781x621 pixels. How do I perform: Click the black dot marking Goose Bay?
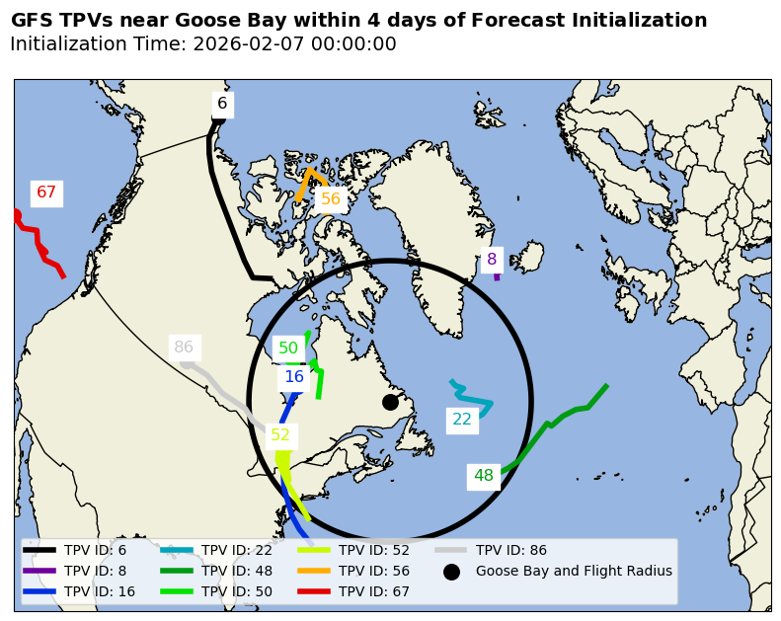point(390,402)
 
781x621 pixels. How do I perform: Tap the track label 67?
point(46,193)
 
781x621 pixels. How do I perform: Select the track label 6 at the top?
point(222,104)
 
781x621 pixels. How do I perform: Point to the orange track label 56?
point(330,199)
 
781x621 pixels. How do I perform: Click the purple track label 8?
point(491,260)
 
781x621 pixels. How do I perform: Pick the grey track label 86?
point(184,348)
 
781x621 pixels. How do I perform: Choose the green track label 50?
point(288,349)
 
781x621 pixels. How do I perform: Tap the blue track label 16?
point(294,377)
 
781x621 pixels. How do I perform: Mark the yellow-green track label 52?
point(280,435)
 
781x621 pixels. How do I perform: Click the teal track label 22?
point(462,420)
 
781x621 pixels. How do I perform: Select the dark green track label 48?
point(483,476)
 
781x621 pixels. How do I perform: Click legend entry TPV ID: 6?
point(95,551)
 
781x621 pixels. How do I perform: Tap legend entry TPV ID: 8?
point(95,572)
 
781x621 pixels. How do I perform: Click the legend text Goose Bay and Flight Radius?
point(574,572)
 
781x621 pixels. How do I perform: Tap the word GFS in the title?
point(33,21)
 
